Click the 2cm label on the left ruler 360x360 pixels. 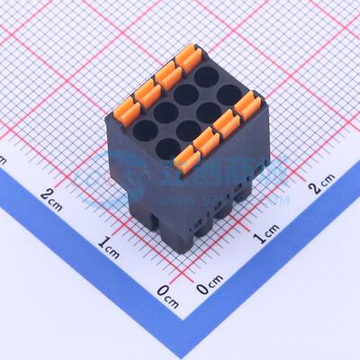pos(52,194)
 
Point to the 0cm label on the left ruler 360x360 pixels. pos(167,290)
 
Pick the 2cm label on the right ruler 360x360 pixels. pos(321,187)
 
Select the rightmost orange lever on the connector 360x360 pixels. pos(244,105)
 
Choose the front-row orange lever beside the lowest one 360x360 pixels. pos(206,140)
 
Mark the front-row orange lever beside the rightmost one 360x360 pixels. pos(225,122)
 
